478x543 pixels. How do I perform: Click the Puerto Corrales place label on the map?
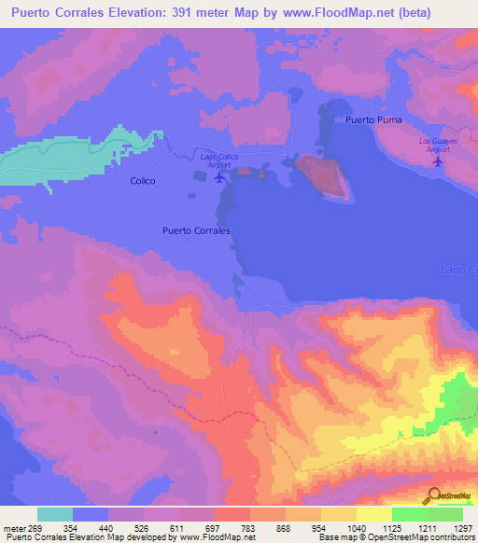click(x=196, y=230)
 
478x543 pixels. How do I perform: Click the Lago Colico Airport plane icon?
click(x=220, y=176)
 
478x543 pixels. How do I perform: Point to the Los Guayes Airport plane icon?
click(x=438, y=160)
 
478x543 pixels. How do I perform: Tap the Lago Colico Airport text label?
click(x=219, y=160)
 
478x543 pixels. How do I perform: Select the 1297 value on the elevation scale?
click(x=463, y=527)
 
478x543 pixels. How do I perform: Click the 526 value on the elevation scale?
click(x=142, y=527)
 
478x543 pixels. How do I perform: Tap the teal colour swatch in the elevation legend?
click(x=55, y=514)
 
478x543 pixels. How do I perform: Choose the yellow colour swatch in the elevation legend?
click(x=374, y=514)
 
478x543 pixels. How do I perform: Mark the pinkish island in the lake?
click(x=323, y=175)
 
